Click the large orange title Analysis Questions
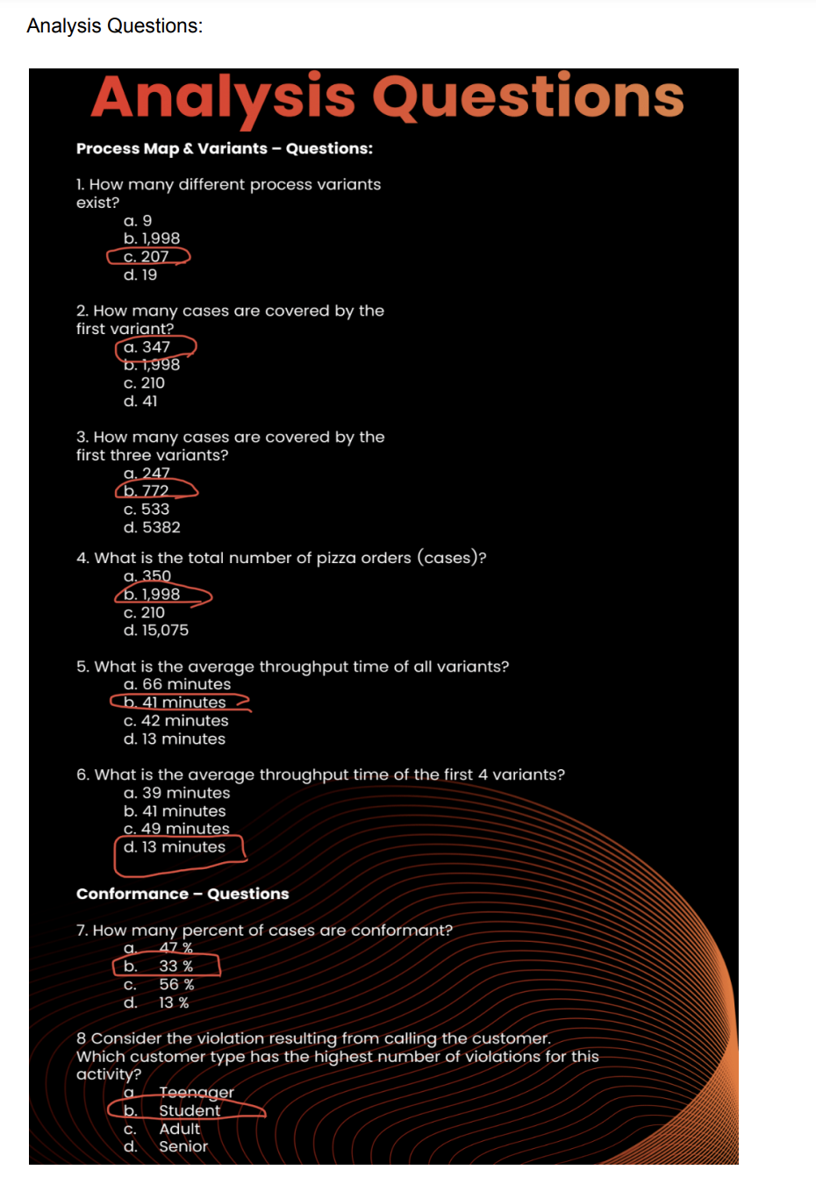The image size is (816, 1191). (x=387, y=97)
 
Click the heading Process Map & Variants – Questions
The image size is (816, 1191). (x=224, y=149)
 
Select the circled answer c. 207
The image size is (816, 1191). (x=147, y=257)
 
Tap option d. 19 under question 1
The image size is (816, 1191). (x=140, y=275)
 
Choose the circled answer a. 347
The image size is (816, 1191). (x=147, y=347)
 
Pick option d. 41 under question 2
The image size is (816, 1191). (x=140, y=402)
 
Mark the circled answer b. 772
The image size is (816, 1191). (x=147, y=491)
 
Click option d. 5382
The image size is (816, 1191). (x=152, y=528)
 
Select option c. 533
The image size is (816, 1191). (x=147, y=510)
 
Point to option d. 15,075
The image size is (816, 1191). (x=156, y=631)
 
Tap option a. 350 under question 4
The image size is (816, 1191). (x=147, y=576)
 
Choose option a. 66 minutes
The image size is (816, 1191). (x=177, y=685)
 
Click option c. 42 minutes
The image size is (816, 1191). (x=175, y=721)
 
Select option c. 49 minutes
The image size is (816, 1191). (x=176, y=829)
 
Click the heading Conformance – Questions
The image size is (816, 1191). (x=183, y=895)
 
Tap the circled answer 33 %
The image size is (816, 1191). (x=175, y=966)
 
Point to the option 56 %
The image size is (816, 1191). (x=176, y=985)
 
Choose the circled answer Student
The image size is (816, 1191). (x=190, y=1111)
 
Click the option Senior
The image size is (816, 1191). (x=183, y=1147)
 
